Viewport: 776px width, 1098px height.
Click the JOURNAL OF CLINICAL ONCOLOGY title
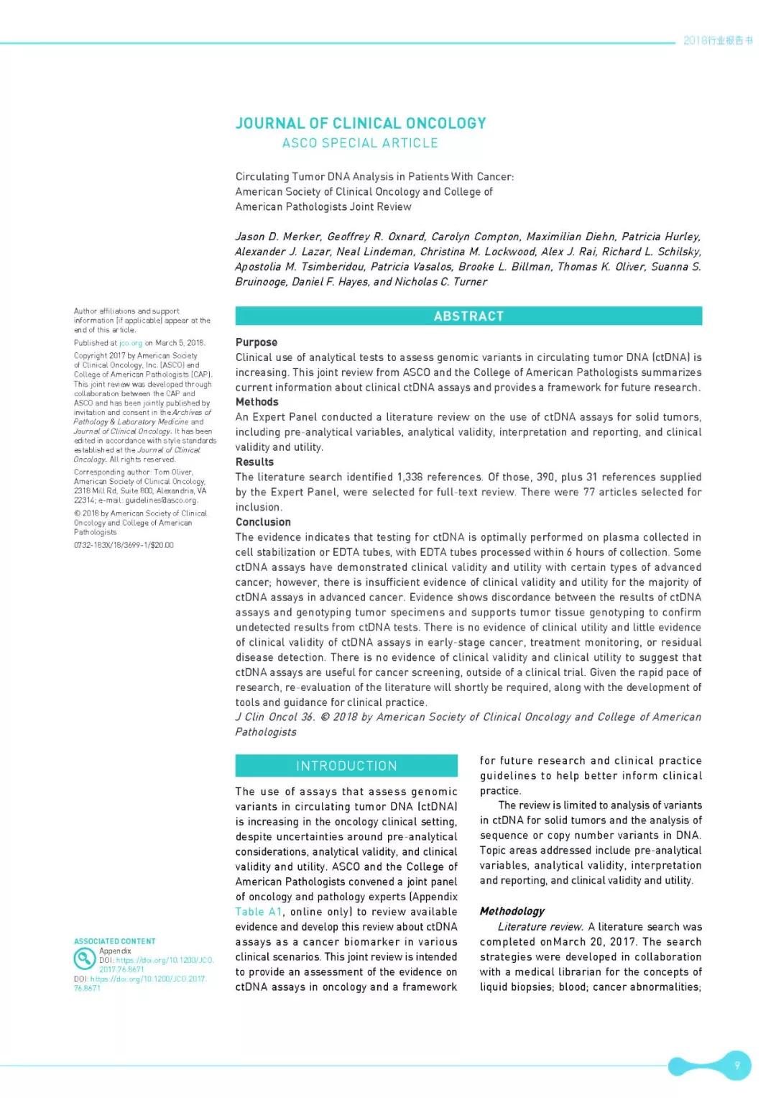[361, 123]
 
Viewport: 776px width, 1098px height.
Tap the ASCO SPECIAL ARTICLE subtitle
[360, 143]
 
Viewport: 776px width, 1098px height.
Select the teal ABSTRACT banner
[468, 316]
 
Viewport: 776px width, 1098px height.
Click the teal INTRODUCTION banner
[346, 766]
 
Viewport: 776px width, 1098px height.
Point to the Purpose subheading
[257, 342]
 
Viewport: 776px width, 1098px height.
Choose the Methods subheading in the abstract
[257, 402]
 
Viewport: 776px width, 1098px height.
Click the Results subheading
[254, 462]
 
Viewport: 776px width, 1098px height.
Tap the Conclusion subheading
[263, 522]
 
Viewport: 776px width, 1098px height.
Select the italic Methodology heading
[512, 911]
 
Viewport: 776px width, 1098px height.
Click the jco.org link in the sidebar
[131, 343]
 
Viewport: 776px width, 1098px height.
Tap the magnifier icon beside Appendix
[85, 959]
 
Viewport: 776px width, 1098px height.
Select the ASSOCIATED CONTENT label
[115, 941]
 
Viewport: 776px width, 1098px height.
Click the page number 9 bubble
[736, 1065]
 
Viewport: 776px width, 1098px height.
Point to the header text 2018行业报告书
[718, 40]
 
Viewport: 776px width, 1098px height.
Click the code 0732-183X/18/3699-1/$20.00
[124, 545]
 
